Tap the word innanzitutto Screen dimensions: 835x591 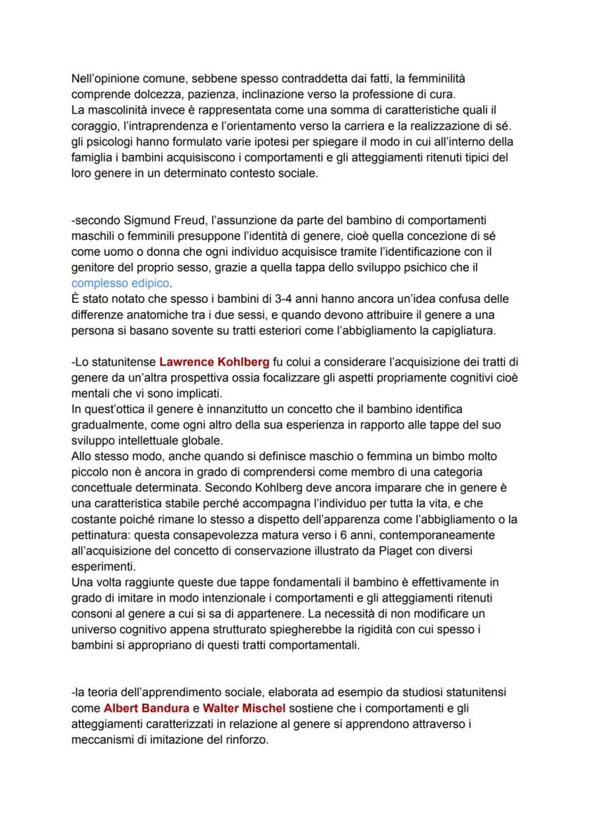pyautogui.click(x=213, y=409)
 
